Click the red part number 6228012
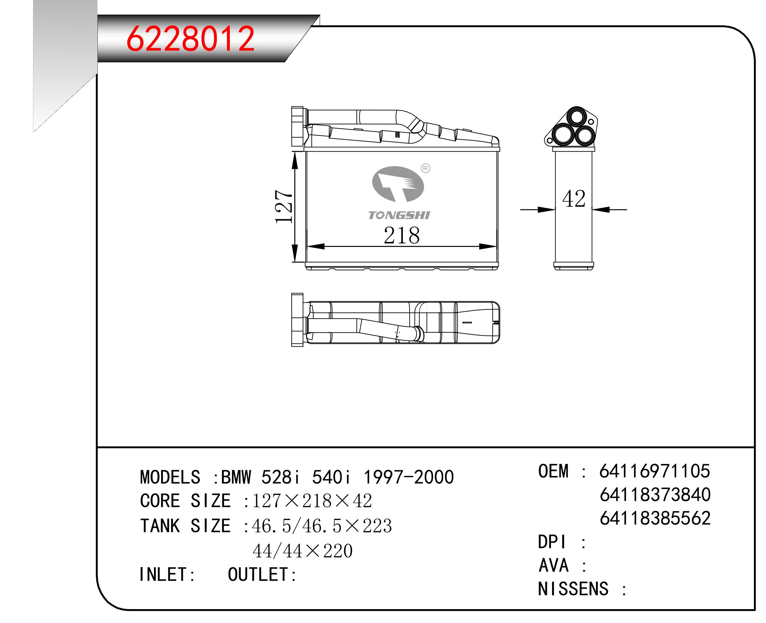tap(190, 39)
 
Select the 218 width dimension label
tap(401, 236)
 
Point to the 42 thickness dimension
tap(573, 199)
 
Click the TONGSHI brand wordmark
tap(399, 215)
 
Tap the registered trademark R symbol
tap(425, 168)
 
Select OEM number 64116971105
tap(654, 471)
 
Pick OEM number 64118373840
tap(655, 495)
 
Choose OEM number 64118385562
tap(655, 518)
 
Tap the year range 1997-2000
tap(409, 477)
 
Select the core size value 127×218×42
tap(312, 501)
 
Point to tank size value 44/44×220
tap(302, 551)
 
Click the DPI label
tap(553, 542)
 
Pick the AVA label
tap(553, 565)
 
